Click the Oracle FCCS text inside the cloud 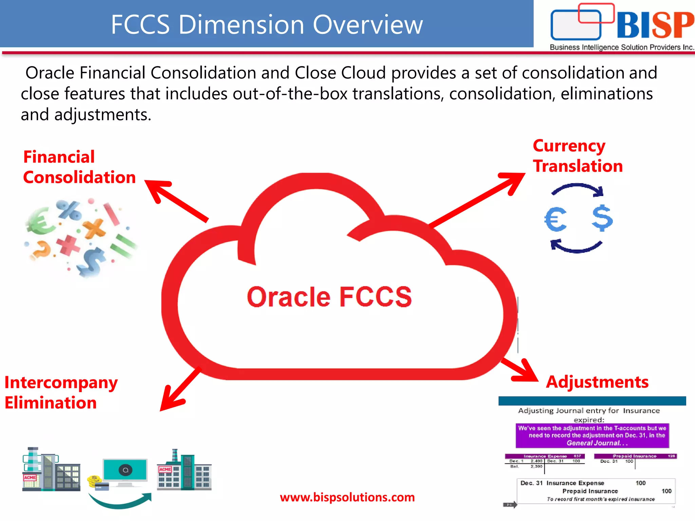click(x=329, y=297)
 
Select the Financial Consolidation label click(x=79, y=167)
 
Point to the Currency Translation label click(x=578, y=156)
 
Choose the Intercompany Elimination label click(x=61, y=392)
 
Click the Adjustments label click(x=597, y=382)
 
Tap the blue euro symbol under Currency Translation click(x=556, y=219)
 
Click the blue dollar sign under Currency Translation click(x=602, y=218)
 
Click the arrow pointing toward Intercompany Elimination click(x=180, y=390)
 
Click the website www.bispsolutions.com click(x=347, y=497)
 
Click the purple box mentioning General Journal click(x=592, y=436)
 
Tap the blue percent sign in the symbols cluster click(x=69, y=210)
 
